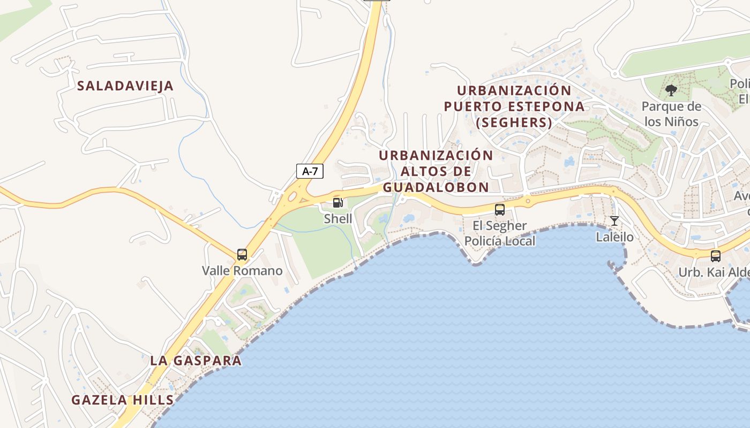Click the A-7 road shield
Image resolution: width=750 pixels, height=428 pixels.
pyautogui.click(x=310, y=171)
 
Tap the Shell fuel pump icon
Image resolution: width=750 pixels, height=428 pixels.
pyautogui.click(x=338, y=203)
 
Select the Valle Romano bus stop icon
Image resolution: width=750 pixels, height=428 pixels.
pyautogui.click(x=242, y=255)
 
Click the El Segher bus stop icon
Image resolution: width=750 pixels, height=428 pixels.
pyautogui.click(x=500, y=210)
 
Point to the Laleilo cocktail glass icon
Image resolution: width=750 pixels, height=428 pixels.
pyautogui.click(x=614, y=221)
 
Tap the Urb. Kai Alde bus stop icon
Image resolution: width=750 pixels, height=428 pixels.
pyautogui.click(x=716, y=256)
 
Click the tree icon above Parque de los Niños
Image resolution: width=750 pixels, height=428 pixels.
pyautogui.click(x=671, y=90)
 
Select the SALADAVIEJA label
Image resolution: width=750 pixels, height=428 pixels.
pyautogui.click(x=125, y=86)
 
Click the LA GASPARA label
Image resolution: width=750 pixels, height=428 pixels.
pyautogui.click(x=196, y=361)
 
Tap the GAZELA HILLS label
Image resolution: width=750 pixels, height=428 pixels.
pyautogui.click(x=123, y=400)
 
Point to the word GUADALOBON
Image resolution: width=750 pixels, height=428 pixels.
pyautogui.click(x=436, y=187)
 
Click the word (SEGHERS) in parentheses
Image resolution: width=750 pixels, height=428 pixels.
pyautogui.click(x=514, y=123)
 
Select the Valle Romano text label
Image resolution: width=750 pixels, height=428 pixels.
pyautogui.click(x=242, y=271)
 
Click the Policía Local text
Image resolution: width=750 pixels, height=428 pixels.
pyautogui.click(x=500, y=241)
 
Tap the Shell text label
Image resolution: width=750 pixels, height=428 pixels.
pyautogui.click(x=338, y=219)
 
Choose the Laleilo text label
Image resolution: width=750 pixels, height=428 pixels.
pyautogui.click(x=614, y=237)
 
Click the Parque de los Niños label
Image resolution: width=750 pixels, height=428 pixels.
pyautogui.click(x=671, y=114)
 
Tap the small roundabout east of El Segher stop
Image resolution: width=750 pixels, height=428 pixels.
pyautogui.click(x=528, y=202)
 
